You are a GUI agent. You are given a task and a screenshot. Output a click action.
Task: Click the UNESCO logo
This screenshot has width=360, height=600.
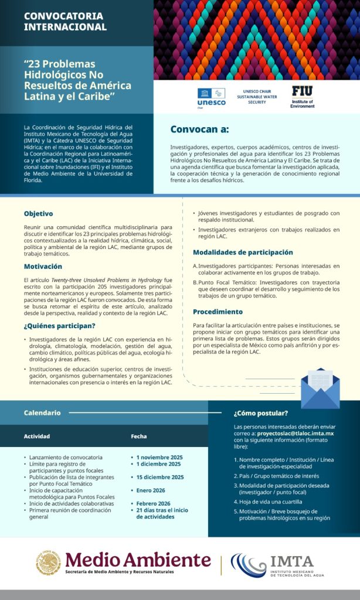point(210,97)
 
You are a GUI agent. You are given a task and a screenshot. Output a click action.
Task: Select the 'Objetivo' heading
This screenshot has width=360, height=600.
point(38,213)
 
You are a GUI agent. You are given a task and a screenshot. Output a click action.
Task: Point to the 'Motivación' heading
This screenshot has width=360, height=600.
point(43,266)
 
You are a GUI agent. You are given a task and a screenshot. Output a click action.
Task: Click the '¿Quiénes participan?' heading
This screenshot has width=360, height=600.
point(59,326)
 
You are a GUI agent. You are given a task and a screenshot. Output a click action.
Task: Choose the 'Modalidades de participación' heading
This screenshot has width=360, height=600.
point(243,252)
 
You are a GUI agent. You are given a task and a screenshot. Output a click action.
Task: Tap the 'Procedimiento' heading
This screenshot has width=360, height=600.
point(218,312)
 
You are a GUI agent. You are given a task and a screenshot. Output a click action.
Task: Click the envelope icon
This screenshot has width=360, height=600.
point(320,387)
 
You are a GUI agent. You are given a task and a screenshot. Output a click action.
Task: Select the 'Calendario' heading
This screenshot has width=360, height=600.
point(42,412)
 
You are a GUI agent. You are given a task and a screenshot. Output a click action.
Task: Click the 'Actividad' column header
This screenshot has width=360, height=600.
point(36,437)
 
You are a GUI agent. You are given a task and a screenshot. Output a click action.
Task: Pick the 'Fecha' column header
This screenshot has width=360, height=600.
point(139,437)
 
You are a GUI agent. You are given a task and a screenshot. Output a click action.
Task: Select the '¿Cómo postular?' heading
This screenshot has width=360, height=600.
point(260,412)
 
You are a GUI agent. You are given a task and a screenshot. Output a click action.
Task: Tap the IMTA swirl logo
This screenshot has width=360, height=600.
point(249,564)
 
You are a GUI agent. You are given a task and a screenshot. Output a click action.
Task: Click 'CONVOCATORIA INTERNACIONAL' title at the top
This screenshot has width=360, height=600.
point(65,21)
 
